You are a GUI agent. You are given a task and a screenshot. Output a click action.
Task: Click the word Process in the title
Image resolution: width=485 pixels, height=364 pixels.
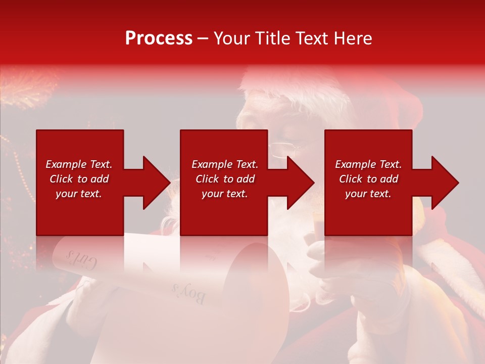coord(159,38)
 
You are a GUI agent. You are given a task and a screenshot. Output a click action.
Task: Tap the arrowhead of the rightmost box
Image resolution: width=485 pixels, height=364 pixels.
coord(444,183)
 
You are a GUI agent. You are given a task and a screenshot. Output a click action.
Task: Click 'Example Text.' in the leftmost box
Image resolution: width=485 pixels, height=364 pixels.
coord(79,164)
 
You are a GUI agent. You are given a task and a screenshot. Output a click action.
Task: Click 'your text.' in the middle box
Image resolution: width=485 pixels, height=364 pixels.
coord(224,194)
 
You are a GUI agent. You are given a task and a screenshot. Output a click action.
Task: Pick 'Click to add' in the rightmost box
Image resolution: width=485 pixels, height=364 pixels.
coord(368,179)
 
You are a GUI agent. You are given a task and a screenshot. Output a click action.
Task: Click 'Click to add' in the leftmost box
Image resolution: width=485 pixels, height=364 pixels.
coord(79,179)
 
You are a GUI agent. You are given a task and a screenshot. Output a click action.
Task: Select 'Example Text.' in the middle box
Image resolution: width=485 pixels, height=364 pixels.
coord(224,164)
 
